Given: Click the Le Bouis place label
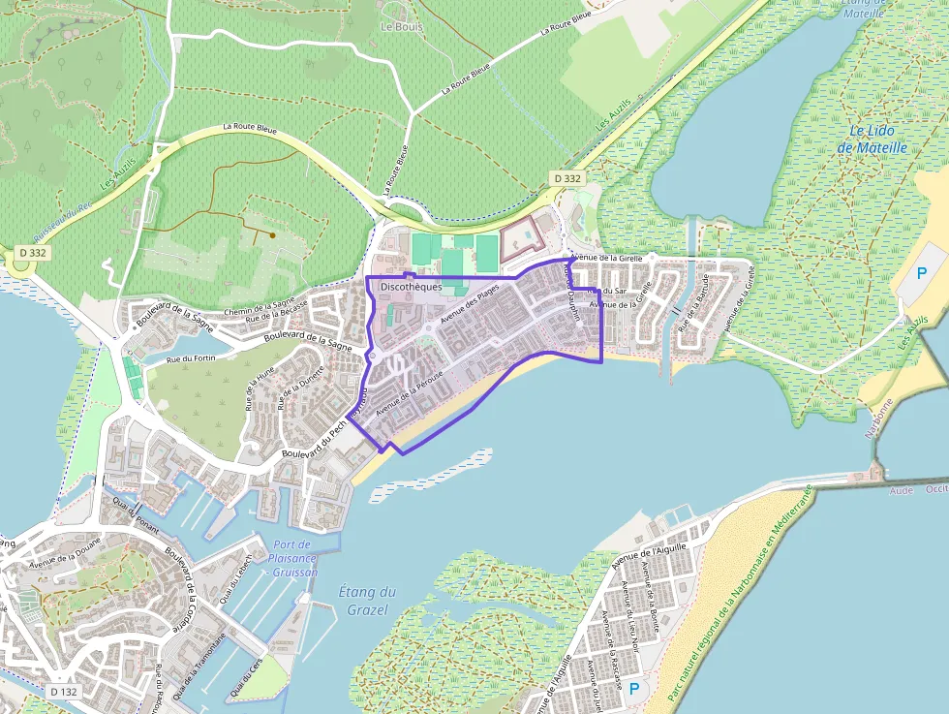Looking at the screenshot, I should [402, 27].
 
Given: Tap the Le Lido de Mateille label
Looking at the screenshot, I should [872, 140].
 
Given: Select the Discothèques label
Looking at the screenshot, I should [412, 288].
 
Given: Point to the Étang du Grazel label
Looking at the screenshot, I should [365, 601].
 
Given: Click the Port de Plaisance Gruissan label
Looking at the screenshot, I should [293, 559].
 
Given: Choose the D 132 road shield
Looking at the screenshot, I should [63, 692].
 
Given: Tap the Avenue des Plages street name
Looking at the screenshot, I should [471, 301].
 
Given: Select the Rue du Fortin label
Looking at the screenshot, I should [190, 359].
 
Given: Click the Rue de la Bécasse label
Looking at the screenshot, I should [277, 311].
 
